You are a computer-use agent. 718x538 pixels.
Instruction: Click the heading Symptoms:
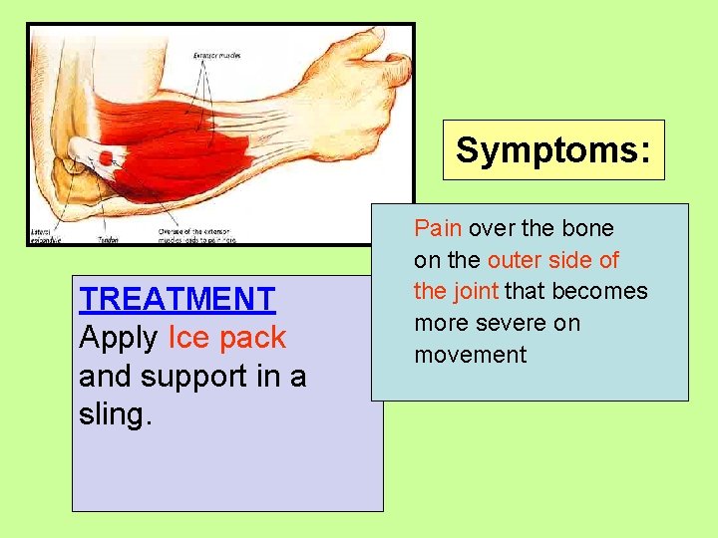(553, 150)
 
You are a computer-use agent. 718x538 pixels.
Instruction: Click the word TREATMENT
(178, 298)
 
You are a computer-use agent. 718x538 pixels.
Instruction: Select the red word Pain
(438, 228)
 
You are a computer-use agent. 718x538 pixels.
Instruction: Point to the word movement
(470, 355)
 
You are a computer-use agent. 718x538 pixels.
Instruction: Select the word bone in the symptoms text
(587, 228)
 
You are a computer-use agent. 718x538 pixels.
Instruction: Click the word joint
(477, 291)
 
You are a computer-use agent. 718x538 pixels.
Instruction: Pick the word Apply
(118, 338)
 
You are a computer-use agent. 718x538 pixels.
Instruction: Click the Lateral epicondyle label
(46, 236)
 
